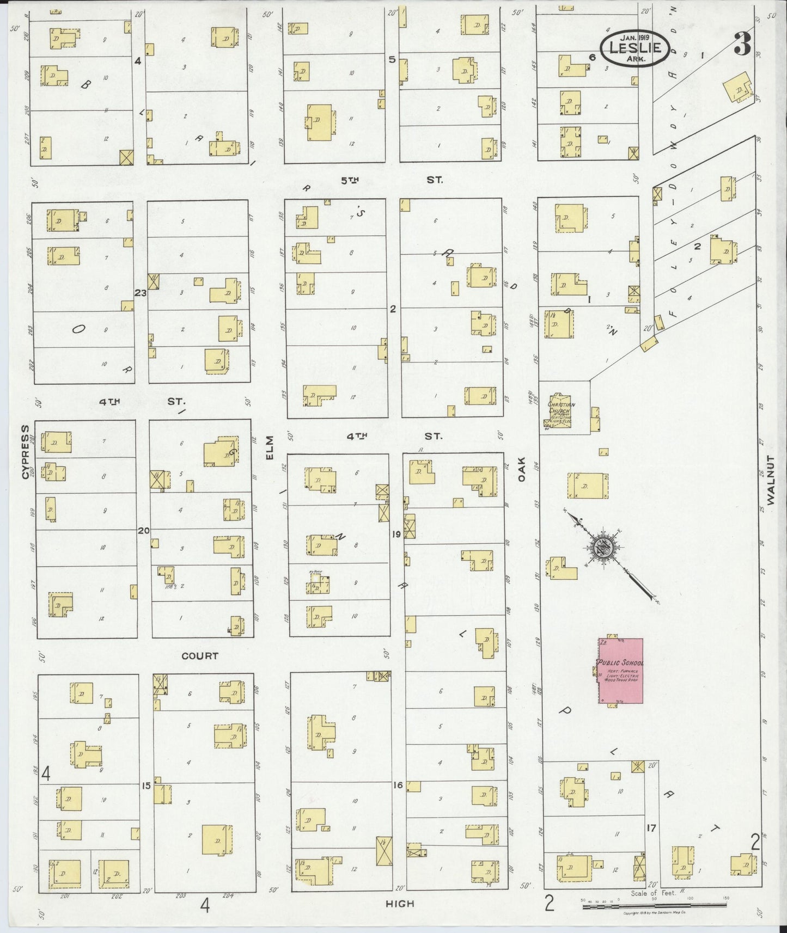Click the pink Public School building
(621, 671)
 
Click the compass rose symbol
(605, 548)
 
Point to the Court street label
(200, 656)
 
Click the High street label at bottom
(400, 904)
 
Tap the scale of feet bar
(654, 906)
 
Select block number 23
(141, 293)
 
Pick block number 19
(396, 534)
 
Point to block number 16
(398, 785)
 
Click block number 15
(146, 785)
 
